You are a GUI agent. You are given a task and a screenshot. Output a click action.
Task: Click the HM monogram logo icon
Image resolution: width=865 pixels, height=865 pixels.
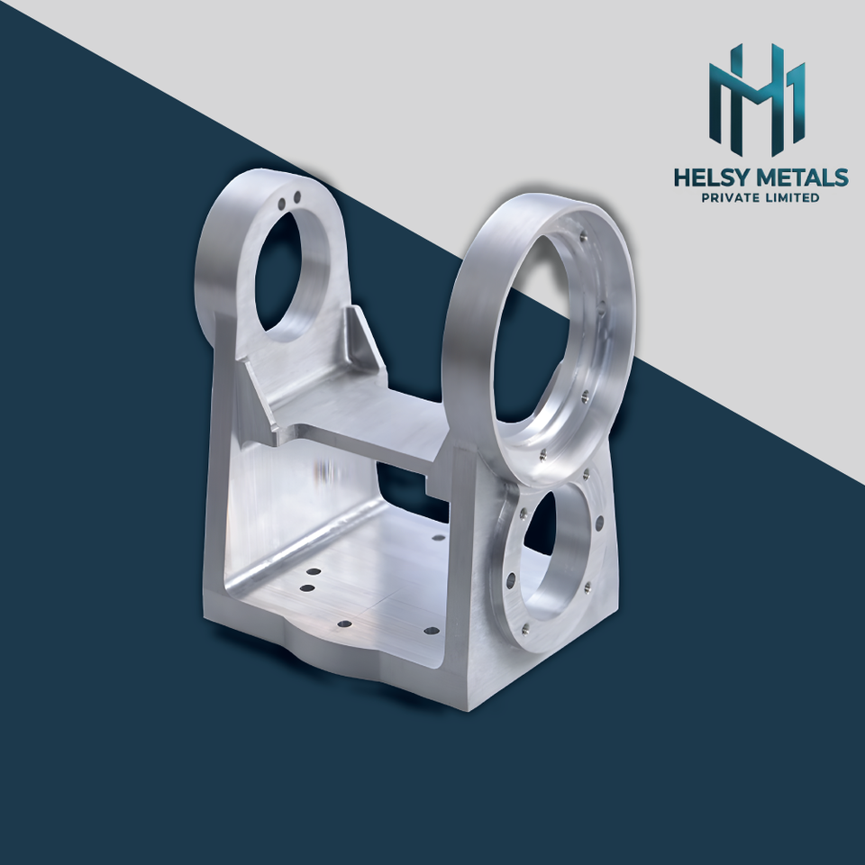(x=757, y=99)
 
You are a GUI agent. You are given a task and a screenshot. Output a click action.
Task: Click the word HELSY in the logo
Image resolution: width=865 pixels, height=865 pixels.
(x=712, y=178)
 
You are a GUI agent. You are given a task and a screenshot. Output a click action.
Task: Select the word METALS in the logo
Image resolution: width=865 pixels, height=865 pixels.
(x=803, y=178)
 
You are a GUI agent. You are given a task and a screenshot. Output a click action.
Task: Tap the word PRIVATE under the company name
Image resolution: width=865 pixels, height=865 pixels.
(x=729, y=197)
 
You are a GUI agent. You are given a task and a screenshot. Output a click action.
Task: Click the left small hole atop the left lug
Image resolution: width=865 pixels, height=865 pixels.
(x=281, y=205)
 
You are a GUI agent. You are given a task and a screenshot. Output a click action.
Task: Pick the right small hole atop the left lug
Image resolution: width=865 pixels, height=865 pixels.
(x=296, y=197)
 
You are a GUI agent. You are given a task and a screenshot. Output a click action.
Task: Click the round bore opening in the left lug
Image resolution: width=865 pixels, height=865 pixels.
(x=278, y=271)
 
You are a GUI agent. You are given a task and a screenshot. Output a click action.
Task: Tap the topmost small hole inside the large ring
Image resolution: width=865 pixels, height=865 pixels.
(x=584, y=237)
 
